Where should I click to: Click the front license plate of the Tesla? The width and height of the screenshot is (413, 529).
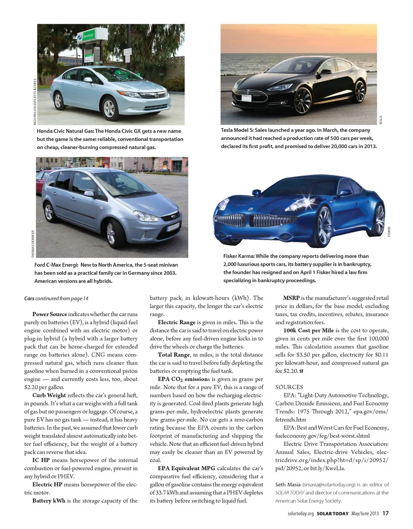pyautogui.click(x=247, y=98)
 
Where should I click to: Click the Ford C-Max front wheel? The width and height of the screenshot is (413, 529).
pyautogui.click(x=115, y=233)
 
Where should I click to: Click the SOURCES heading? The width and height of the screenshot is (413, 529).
pyautogui.click(x=289, y=387)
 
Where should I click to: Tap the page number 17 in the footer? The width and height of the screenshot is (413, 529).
pyautogui.click(x=385, y=513)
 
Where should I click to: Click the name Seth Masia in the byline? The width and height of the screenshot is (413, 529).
pyautogui.click(x=288, y=485)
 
